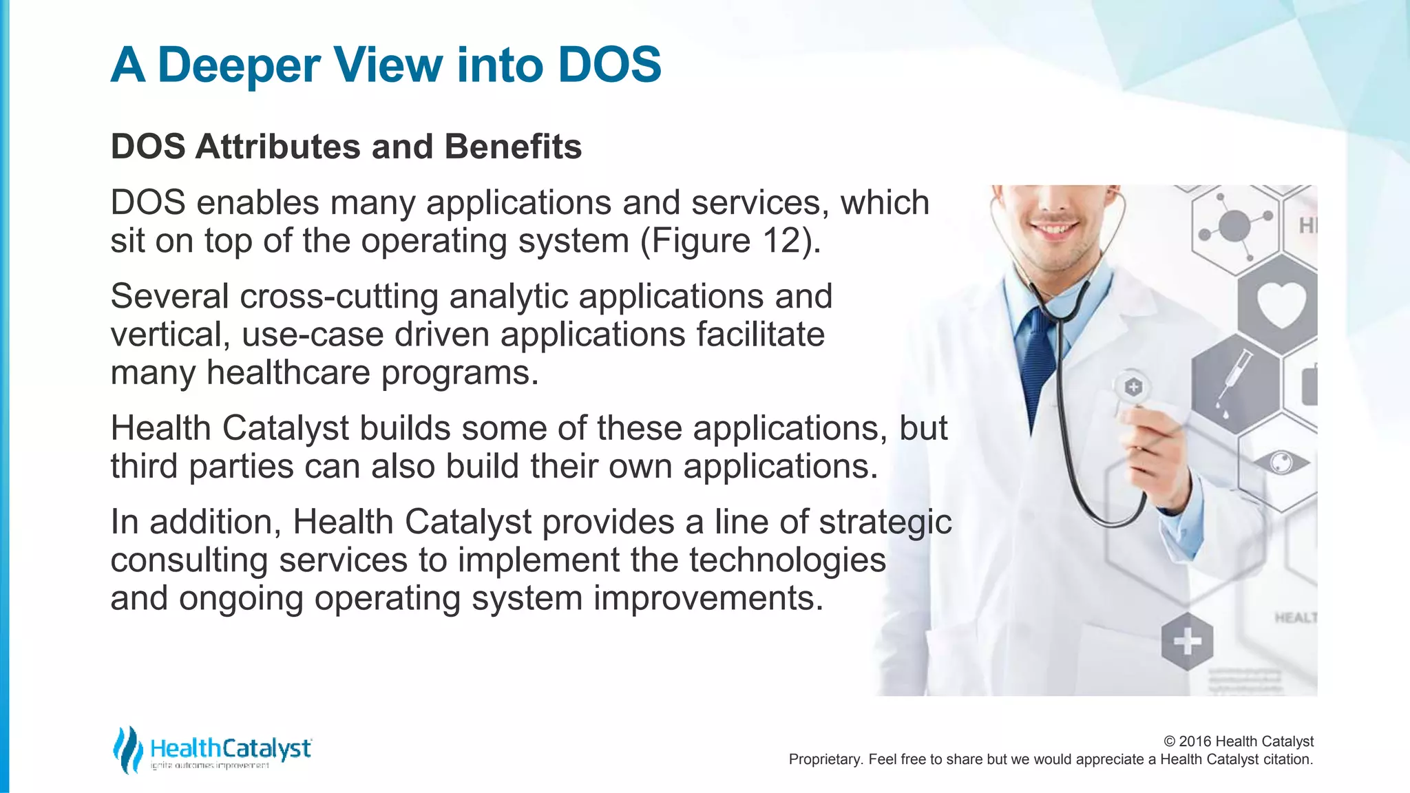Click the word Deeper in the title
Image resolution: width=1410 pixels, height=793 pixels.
point(239,65)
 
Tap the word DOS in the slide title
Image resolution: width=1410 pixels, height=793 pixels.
point(609,65)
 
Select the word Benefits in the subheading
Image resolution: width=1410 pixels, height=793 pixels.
point(513,147)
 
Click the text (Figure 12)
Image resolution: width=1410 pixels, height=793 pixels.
point(731,241)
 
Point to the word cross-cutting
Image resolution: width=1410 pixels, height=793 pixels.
point(339,297)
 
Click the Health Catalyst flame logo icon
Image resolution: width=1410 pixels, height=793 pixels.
point(127,750)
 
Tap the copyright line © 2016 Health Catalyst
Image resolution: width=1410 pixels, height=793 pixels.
point(1238,741)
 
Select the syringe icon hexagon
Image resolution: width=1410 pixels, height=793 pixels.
point(1236,383)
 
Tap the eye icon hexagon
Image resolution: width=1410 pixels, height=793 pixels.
point(1281,462)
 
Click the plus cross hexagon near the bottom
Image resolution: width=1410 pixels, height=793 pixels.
point(1187,642)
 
